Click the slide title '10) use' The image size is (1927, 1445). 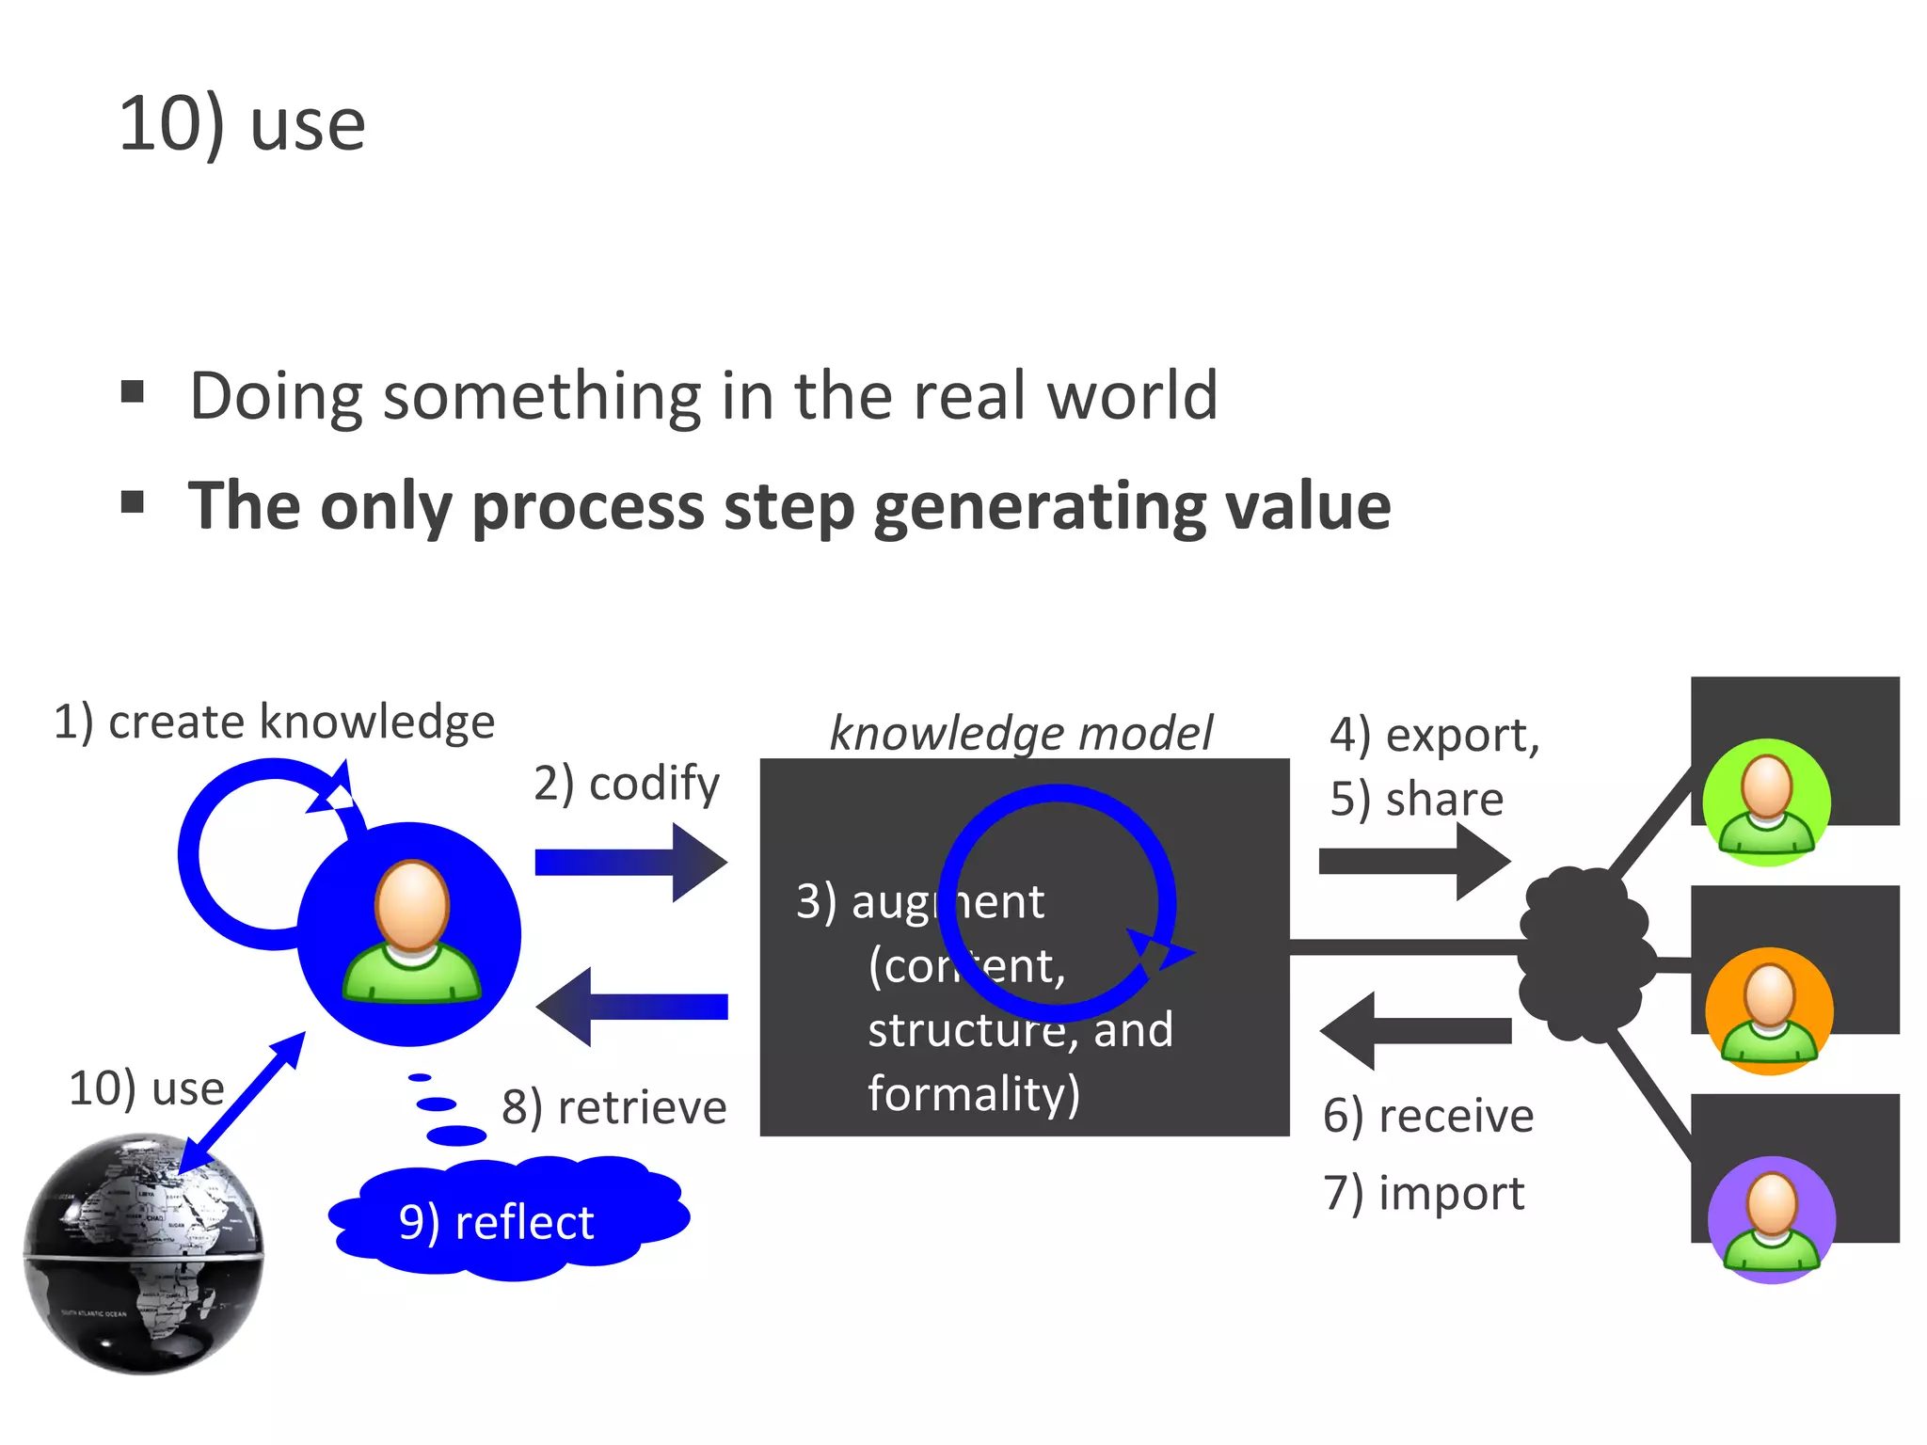[242, 124]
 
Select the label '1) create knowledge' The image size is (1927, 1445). [274, 722]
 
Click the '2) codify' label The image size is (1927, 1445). [626, 784]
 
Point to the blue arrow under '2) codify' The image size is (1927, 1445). [630, 862]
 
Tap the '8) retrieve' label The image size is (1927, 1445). [613, 1107]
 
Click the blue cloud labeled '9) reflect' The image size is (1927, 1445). [508, 1221]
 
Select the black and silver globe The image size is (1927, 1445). [143, 1253]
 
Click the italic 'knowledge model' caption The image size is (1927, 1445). [1022, 733]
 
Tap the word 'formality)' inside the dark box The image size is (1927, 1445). [974, 1094]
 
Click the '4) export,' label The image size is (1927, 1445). [1434, 735]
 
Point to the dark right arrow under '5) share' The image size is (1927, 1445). [1414, 862]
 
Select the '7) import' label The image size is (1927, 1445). [1424, 1194]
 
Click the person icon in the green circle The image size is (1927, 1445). [1767, 803]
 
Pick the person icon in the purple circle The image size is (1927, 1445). [1772, 1220]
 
